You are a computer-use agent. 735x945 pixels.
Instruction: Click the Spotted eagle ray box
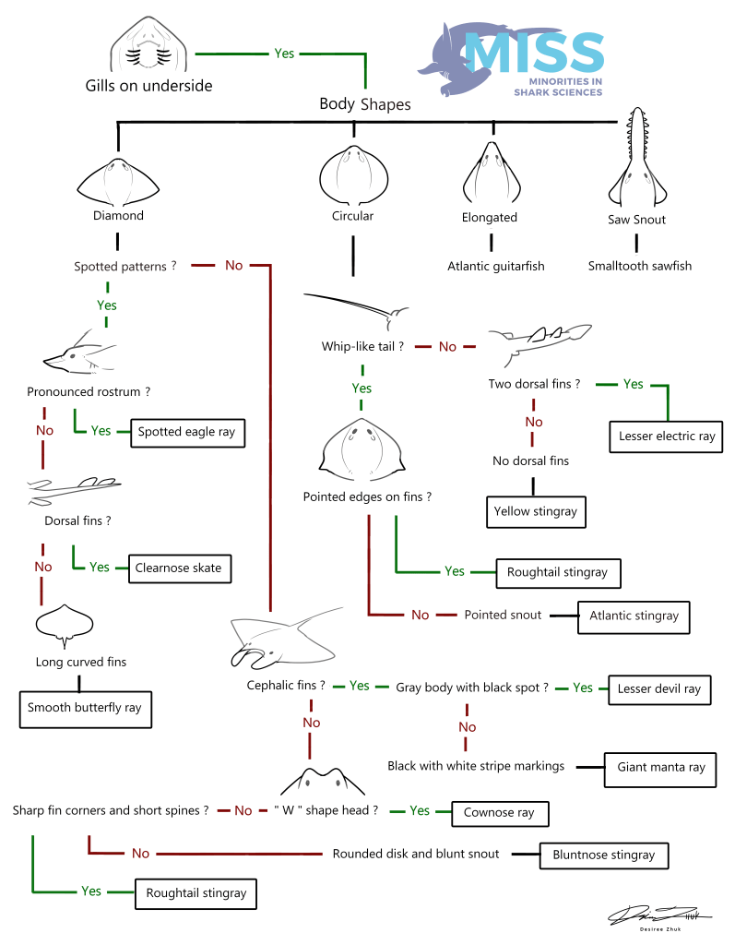tap(188, 432)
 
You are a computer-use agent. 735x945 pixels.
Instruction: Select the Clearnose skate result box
tap(179, 568)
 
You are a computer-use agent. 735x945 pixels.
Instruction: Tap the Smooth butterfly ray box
tap(85, 708)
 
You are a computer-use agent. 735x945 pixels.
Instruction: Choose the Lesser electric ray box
tap(667, 437)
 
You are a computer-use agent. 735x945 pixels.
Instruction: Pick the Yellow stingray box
tap(535, 511)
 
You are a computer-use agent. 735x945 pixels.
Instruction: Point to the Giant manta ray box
tap(659, 767)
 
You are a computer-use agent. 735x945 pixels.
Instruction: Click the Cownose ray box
tap(500, 813)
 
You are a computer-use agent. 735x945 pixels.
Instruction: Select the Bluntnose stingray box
tap(603, 855)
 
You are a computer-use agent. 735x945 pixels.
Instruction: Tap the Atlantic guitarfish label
tap(496, 266)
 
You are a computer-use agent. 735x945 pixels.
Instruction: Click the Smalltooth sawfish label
tap(640, 266)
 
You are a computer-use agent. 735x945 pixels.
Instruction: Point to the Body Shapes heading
tap(365, 104)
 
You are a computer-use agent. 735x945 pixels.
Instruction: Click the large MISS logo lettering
tap(535, 53)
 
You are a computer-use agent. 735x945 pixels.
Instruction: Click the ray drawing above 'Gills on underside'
tap(148, 44)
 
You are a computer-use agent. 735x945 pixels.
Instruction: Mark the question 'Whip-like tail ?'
tap(362, 347)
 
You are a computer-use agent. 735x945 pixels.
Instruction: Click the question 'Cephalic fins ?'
tap(286, 686)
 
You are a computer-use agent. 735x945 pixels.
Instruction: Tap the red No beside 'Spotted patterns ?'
tap(234, 266)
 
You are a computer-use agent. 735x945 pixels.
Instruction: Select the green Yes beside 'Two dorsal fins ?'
tap(634, 384)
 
